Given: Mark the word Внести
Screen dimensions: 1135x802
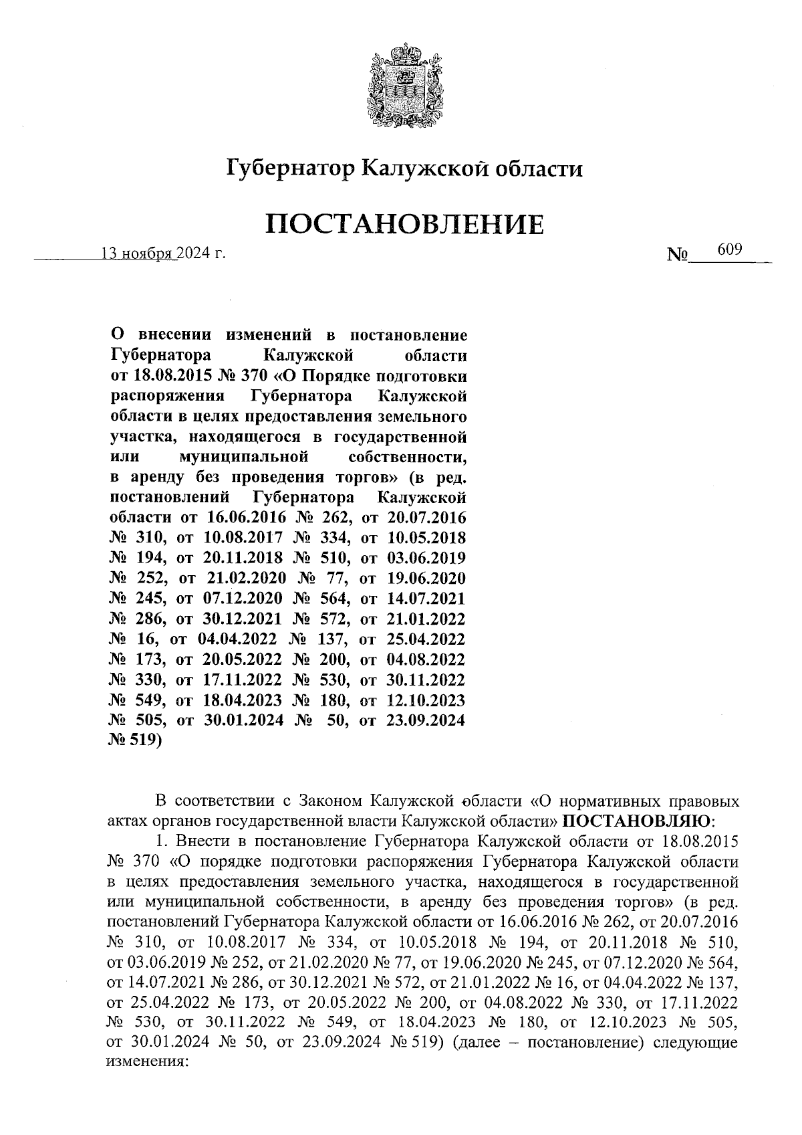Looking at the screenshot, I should click(200, 839).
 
